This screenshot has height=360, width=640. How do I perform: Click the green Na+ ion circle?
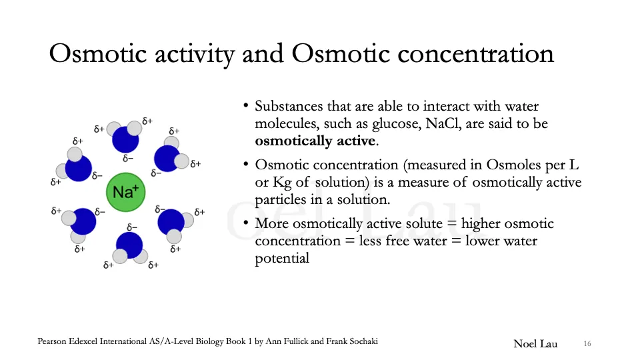[x=125, y=193]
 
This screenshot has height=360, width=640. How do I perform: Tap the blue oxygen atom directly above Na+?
[x=125, y=140]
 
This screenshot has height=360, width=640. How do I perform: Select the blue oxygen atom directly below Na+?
[x=129, y=245]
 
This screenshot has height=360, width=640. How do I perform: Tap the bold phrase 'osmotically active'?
[x=315, y=141]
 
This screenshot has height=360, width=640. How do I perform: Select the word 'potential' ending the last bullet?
[x=282, y=259]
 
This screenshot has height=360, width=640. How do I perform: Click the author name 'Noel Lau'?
[x=535, y=343]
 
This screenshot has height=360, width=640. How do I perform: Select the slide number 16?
[x=587, y=343]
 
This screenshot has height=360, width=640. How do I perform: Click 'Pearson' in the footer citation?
[x=54, y=342]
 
